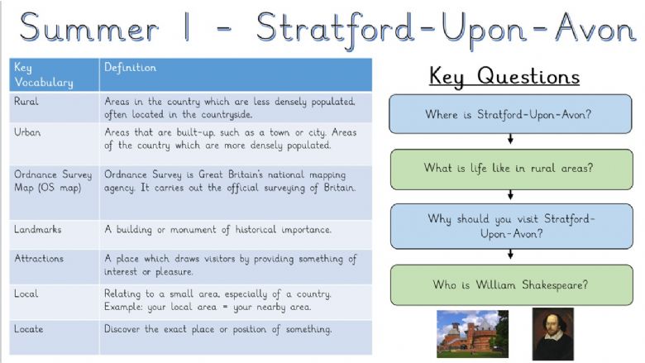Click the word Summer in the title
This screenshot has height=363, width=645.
pos(88,28)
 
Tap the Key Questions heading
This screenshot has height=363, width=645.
pos(504,76)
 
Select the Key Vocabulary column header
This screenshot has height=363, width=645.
pos(55,74)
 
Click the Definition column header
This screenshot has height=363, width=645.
pos(236,74)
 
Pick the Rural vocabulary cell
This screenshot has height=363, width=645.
pos(55,107)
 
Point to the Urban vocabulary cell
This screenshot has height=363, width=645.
pos(55,144)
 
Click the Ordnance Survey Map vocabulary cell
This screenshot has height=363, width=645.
pos(55,193)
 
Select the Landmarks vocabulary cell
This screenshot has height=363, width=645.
pos(55,234)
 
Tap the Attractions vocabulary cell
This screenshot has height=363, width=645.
pos(55,266)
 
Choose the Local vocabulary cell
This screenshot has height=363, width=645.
pos(55,302)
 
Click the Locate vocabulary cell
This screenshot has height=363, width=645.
pos(55,337)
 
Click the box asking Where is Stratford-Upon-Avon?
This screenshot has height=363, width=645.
pos(510,114)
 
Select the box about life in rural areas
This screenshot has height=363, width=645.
pos(511,169)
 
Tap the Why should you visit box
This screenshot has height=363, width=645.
pos(511,226)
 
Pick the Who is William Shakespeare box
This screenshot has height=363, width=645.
pos(511,285)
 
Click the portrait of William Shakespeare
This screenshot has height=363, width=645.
pos(553,334)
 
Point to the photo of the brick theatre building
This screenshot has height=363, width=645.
pos(472,334)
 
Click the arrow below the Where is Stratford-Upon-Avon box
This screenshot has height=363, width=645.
pos(510,139)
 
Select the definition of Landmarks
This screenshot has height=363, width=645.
pos(217,229)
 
